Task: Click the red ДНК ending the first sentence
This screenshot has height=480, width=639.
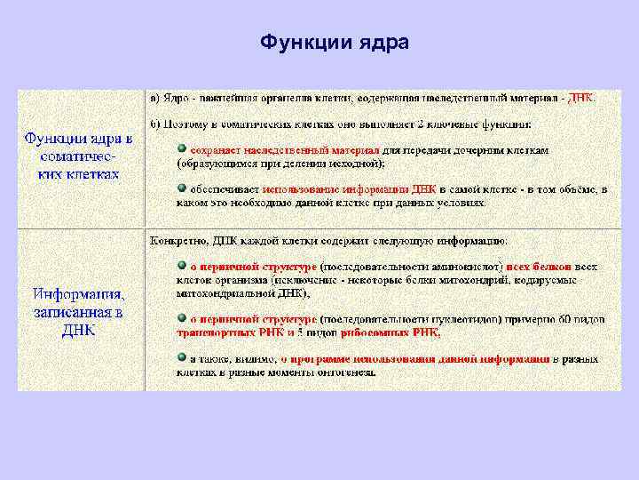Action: coord(582,97)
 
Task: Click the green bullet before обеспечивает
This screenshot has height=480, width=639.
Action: coord(181,188)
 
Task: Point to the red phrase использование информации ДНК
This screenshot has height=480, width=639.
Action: coord(335,189)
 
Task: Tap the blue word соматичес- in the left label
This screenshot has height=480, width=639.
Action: coord(78,156)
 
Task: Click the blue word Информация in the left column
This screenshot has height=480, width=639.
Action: coord(78,294)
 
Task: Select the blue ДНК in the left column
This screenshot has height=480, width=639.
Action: coord(78,330)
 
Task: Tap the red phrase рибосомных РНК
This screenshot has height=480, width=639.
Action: coord(390,332)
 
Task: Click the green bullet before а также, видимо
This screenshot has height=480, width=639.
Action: coord(181,357)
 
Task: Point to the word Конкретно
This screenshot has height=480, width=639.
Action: coord(177,240)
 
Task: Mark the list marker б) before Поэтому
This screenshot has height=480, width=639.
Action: coord(154,124)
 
